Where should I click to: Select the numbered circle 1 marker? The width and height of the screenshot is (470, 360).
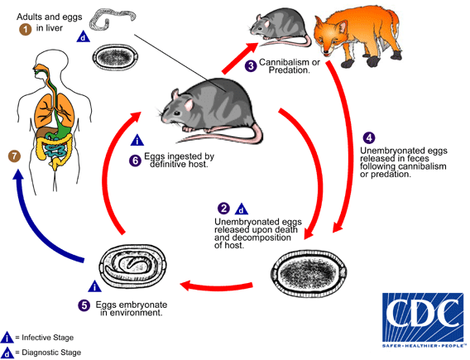(26, 30)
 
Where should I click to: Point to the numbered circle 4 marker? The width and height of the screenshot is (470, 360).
(368, 137)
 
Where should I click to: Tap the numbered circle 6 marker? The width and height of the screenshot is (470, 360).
(135, 160)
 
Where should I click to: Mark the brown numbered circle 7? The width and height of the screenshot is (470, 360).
(12, 156)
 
